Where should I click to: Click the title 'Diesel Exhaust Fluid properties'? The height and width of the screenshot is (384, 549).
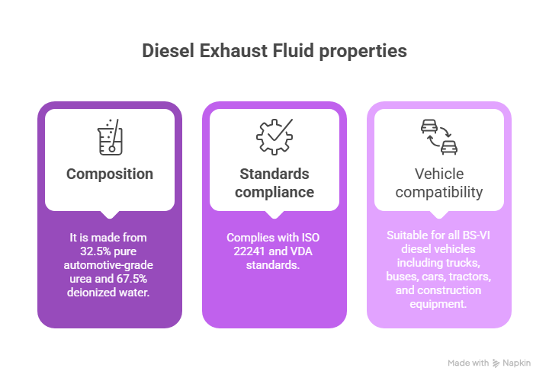(274, 51)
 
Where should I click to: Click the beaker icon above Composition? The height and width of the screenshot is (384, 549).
(110, 136)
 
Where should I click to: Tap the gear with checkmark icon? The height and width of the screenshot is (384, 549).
(274, 136)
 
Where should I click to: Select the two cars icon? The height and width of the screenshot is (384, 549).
(439, 136)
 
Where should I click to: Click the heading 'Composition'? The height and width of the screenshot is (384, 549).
(110, 174)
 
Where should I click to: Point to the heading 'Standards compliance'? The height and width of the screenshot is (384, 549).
(274, 183)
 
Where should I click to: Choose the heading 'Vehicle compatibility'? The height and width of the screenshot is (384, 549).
(439, 183)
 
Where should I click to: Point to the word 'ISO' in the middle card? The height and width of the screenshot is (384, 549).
(308, 238)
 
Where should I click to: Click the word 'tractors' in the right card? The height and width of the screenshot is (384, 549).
(473, 277)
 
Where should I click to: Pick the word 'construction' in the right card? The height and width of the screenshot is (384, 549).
(446, 290)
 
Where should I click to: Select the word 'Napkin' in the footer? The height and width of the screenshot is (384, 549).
(517, 363)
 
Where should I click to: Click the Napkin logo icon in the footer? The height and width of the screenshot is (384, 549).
(496, 363)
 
